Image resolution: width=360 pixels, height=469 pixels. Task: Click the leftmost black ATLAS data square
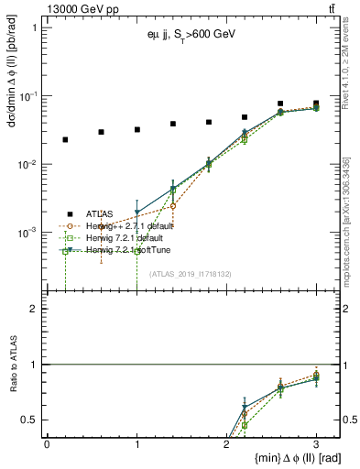pyautogui.click(x=65, y=139)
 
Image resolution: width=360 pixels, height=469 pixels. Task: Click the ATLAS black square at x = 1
pyautogui.click(x=136, y=129)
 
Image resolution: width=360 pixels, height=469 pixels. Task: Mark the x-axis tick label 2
pyautogui.click(x=226, y=443)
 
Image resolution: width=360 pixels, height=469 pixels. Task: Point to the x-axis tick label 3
pyautogui.click(x=316, y=443)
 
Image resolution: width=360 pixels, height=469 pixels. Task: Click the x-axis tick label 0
pyautogui.click(x=48, y=443)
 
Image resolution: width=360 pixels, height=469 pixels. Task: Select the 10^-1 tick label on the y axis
pyautogui.click(x=29, y=96)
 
